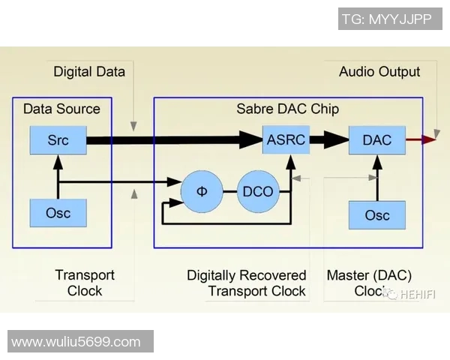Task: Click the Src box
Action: pos(58,139)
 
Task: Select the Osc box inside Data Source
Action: pos(58,213)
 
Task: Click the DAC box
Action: pos(376,139)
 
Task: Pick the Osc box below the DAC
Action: pos(376,215)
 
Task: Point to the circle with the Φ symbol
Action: pos(202,190)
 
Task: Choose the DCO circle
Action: pos(258,190)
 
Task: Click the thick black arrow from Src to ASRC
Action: pos(172,139)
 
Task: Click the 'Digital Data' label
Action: pos(89,72)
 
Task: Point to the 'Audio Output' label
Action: pos(379,72)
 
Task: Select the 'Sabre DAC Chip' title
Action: pos(287,109)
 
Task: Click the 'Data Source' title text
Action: pos(61,109)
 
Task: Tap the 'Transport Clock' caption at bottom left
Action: pos(85,283)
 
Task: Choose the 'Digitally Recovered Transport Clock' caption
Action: pos(247,283)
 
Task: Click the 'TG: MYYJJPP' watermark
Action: pos(386,19)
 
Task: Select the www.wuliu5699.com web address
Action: pos(76,342)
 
